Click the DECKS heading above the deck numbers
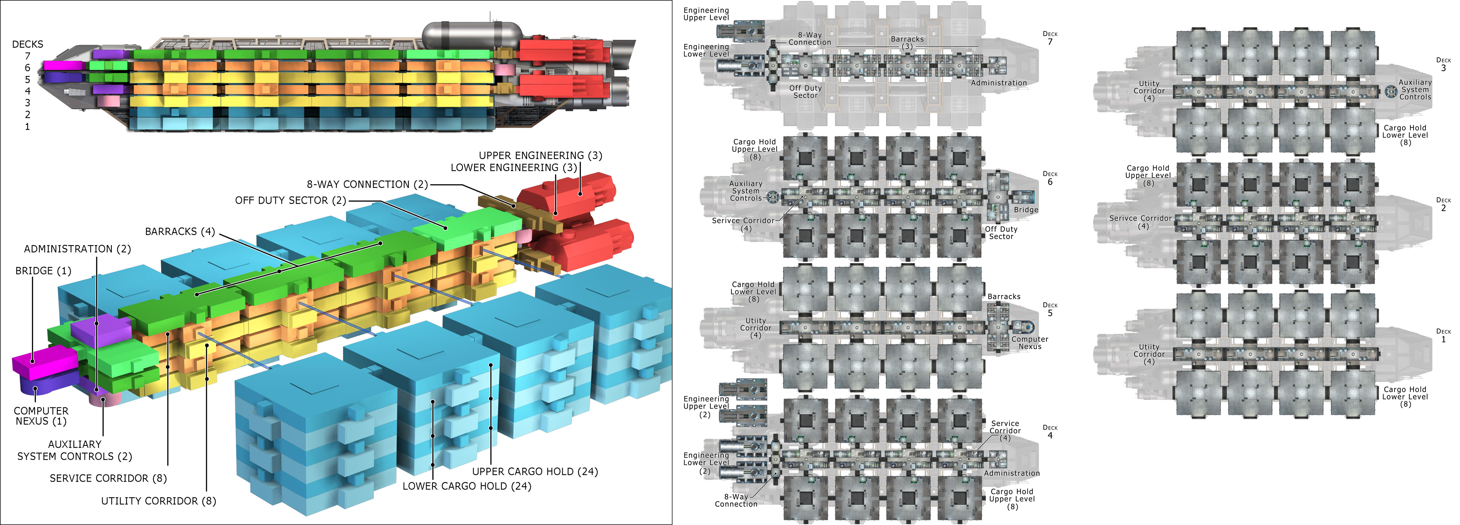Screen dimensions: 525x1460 (x=27, y=44)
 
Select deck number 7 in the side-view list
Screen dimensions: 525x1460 (x=27, y=56)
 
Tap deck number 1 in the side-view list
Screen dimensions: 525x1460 (x=27, y=127)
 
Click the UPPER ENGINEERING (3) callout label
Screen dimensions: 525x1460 (x=540, y=155)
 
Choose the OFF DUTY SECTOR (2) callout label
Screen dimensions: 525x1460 (x=290, y=200)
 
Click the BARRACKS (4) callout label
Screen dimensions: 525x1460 (x=180, y=231)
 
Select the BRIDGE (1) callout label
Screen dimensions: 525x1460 (x=43, y=270)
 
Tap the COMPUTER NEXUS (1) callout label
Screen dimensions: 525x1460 (x=41, y=416)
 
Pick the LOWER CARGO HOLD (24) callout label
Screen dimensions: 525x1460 (x=466, y=486)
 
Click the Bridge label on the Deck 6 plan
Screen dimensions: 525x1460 (x=1026, y=210)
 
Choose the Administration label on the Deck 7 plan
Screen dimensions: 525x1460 (x=999, y=83)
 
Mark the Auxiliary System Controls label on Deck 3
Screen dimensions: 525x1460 (x=1415, y=90)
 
